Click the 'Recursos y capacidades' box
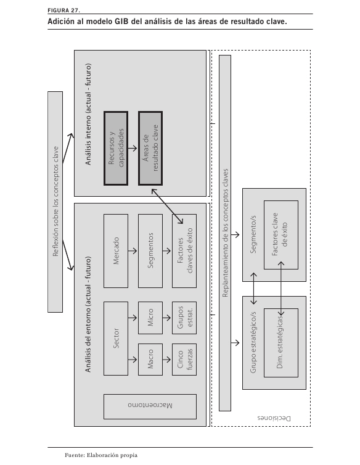coord(116,148)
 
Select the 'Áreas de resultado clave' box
coord(150,148)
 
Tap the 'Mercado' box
coord(116,251)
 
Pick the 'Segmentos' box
coord(150,251)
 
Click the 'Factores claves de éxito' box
coord(184,251)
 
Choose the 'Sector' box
coord(116,339)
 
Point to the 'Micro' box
coord(150,318)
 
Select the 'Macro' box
coord(150,360)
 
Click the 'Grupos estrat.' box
coord(184,318)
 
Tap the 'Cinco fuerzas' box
coord(184,360)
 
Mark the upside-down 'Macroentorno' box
coord(150,406)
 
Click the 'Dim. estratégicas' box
coord(281,343)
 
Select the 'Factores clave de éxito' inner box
coord(281,235)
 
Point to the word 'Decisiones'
coord(274,419)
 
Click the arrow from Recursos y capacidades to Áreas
coord(133,148)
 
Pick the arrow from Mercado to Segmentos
coord(133,251)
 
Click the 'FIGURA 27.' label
coord(63,10)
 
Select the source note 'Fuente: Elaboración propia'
coord(101,455)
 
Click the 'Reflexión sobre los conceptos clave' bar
coord(55,202)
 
